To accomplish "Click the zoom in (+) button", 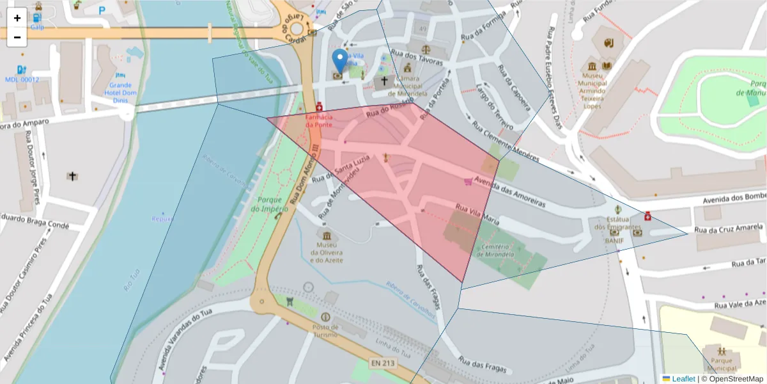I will coord(17,18).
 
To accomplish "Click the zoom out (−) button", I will coord(17,37).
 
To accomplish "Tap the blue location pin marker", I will coord(341,61).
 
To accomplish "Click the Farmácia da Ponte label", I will coord(318,120).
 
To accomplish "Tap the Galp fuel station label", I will coord(37,27).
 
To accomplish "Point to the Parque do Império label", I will coord(270,204).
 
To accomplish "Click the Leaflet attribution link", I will coord(683,379).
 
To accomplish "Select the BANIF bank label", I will coord(614,241).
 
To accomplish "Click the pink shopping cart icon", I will coord(469,182).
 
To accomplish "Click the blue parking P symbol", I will coord(102,10).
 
